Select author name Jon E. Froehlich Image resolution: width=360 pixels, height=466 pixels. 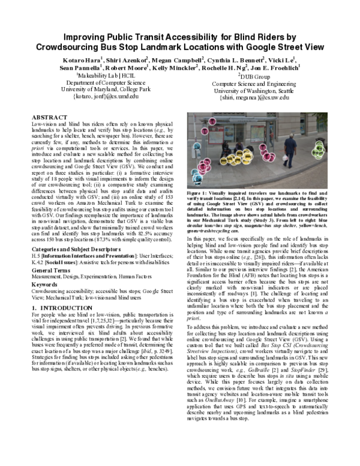click(282, 68)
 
